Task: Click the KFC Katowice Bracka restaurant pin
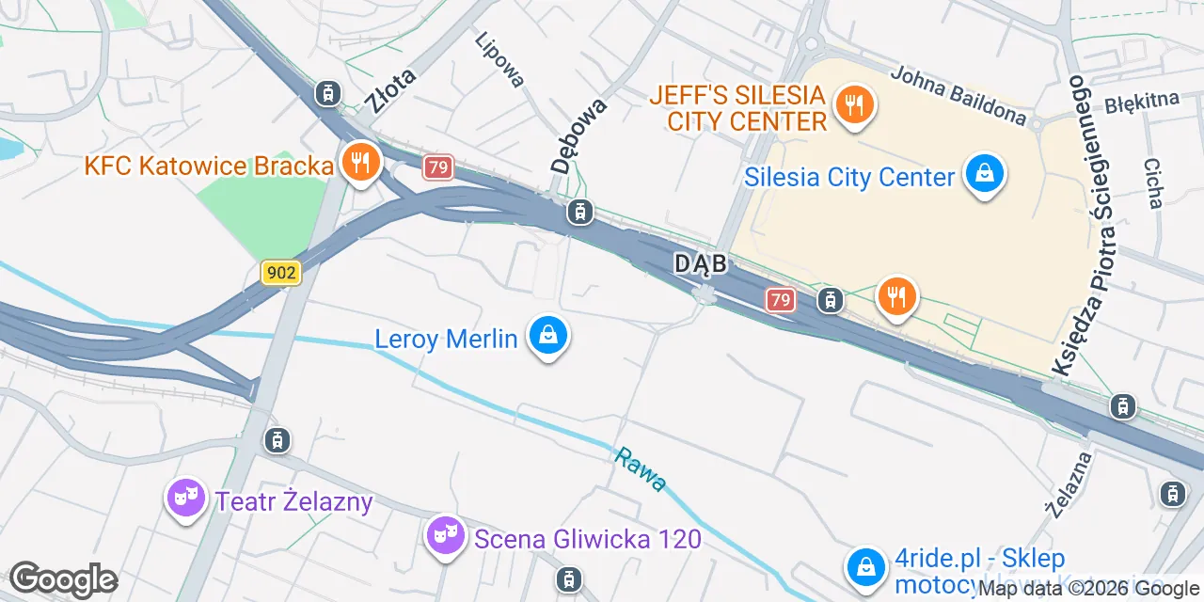click(359, 163)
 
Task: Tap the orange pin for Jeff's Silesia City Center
click(854, 103)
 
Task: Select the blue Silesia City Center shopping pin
click(983, 176)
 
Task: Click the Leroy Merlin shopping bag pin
click(547, 336)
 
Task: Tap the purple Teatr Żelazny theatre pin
click(186, 497)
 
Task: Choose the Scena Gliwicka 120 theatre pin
click(444, 536)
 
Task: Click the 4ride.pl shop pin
click(864, 568)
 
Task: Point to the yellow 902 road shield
click(280, 273)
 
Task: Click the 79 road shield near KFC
click(438, 168)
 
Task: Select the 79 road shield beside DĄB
click(780, 300)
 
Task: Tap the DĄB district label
click(701, 264)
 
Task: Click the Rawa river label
click(641, 469)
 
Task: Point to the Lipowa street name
click(499, 60)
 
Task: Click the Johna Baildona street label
click(958, 96)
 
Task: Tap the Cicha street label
click(1153, 182)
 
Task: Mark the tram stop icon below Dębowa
click(579, 214)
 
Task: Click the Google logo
click(63, 580)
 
